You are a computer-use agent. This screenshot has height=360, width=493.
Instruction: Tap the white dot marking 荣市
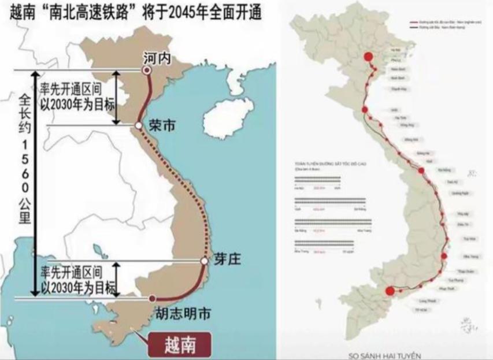[139, 125]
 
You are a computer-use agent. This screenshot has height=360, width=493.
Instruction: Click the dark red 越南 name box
[179, 345]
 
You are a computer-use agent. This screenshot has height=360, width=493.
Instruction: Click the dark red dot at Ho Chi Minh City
[151, 298]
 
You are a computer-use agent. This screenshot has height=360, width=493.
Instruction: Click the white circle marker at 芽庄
[204, 261]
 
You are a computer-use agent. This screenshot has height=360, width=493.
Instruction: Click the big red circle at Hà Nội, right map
[368, 56]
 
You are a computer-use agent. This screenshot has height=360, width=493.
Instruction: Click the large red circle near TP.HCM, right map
[390, 291]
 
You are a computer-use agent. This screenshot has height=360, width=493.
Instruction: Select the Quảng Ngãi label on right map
[458, 193]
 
